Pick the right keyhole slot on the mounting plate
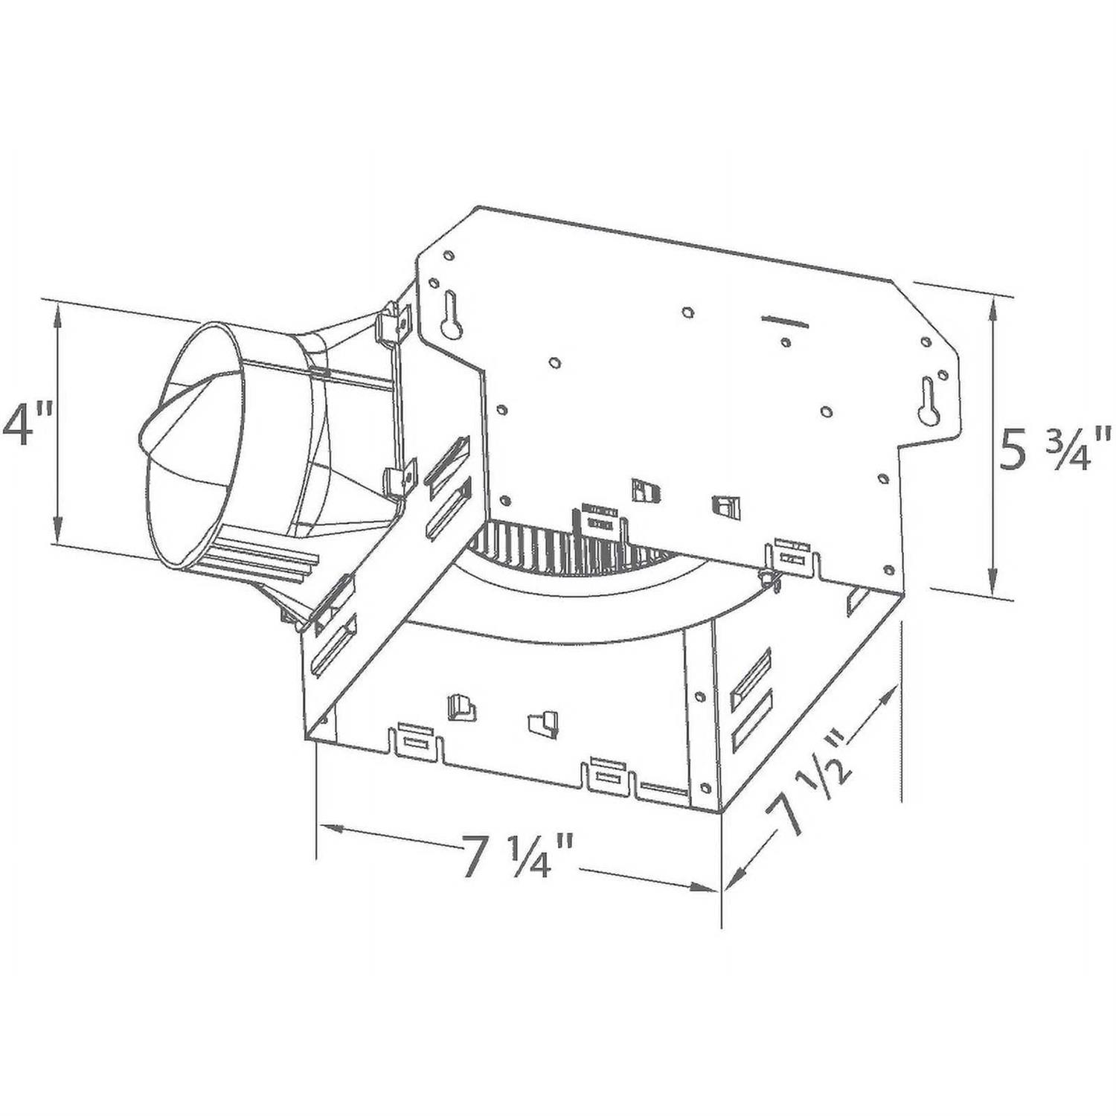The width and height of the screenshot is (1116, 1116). pos(929,401)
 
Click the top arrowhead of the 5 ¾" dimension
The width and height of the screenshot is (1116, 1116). pos(992,306)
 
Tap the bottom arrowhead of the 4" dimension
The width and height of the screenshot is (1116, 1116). pos(57,531)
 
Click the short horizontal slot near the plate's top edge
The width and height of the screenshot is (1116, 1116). pos(785,321)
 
